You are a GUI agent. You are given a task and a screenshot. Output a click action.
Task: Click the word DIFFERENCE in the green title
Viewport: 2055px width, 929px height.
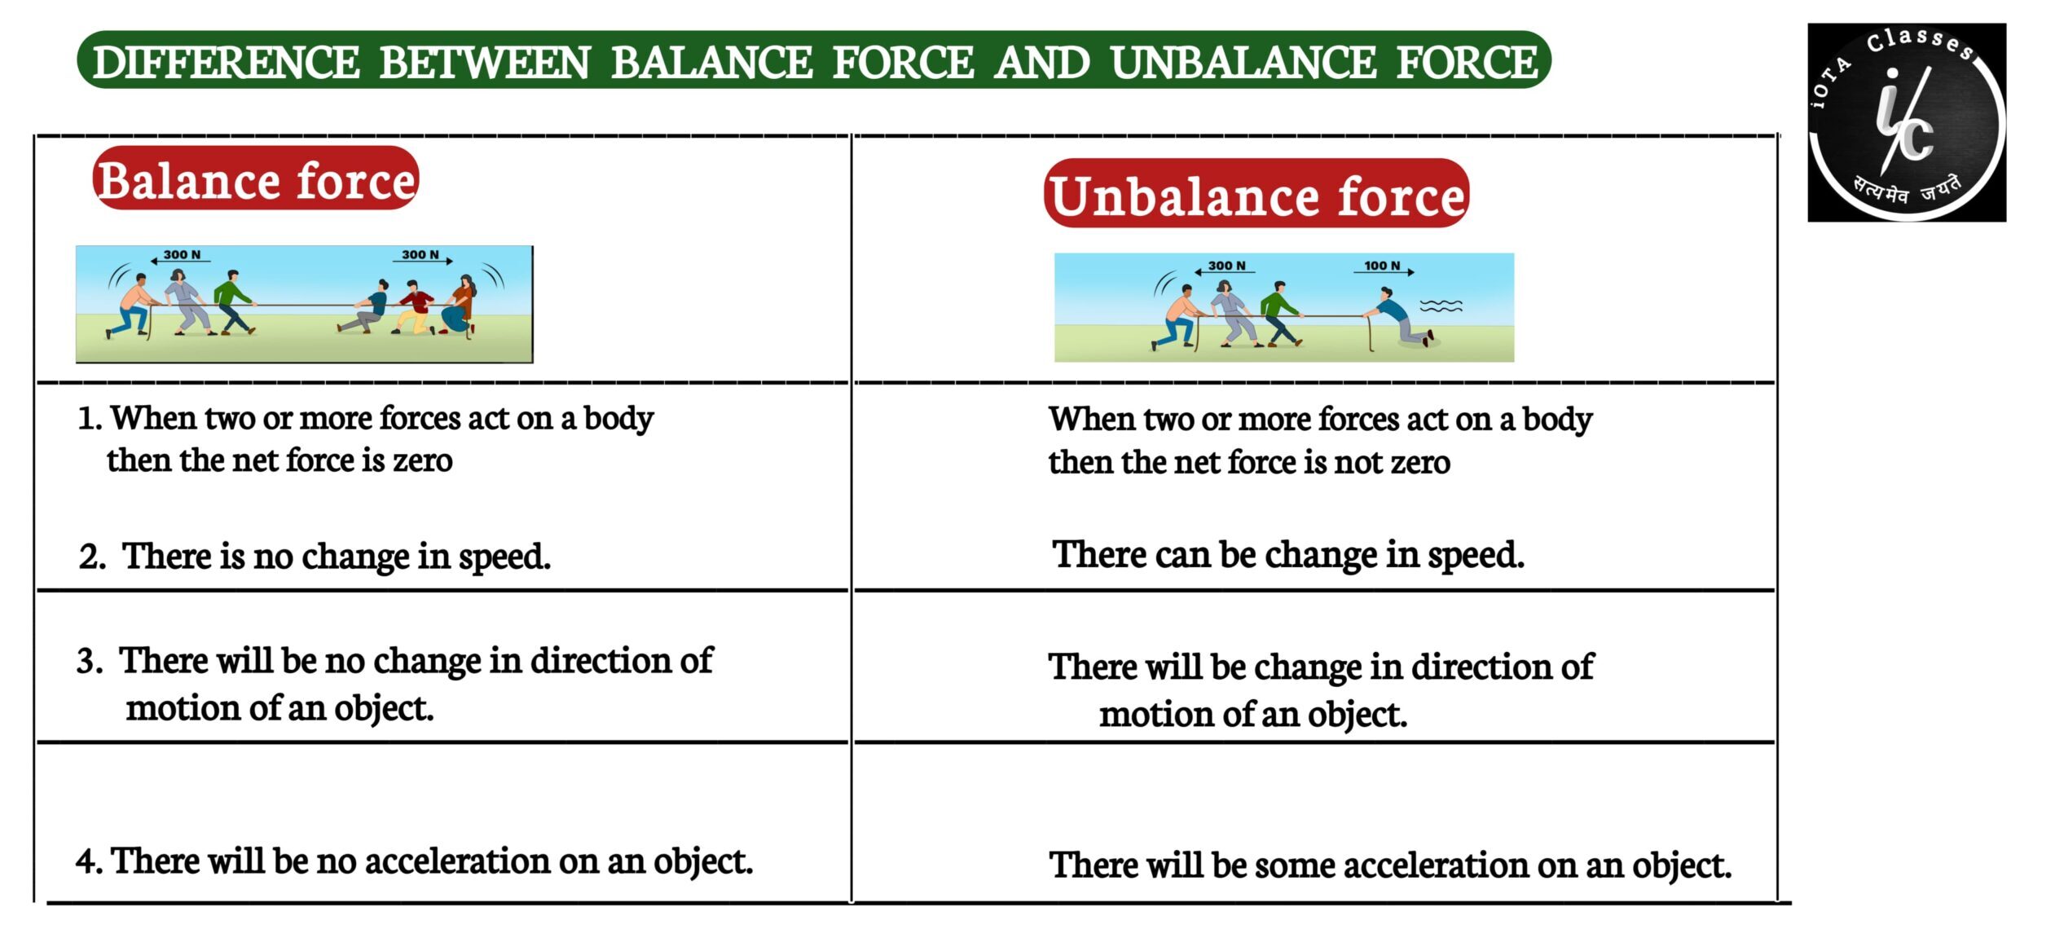[226, 63]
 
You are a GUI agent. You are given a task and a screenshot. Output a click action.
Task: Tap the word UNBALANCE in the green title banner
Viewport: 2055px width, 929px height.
[1243, 63]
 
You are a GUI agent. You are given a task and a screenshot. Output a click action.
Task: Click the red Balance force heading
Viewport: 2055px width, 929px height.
[256, 179]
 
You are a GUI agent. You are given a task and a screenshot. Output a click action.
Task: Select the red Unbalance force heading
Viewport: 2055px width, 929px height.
[1256, 194]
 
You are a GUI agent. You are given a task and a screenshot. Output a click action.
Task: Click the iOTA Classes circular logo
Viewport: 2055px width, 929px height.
[1907, 122]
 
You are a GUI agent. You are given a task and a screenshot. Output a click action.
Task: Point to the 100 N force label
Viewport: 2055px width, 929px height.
[1382, 266]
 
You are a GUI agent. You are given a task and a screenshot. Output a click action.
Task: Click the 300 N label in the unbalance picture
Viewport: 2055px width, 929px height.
[1226, 266]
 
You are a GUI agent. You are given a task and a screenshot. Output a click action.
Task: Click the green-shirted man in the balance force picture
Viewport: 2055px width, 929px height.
[235, 302]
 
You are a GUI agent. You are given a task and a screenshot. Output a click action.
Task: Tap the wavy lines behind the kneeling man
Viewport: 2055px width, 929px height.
[1441, 306]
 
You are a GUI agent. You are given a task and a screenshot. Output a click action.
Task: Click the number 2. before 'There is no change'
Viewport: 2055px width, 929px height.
[93, 557]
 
